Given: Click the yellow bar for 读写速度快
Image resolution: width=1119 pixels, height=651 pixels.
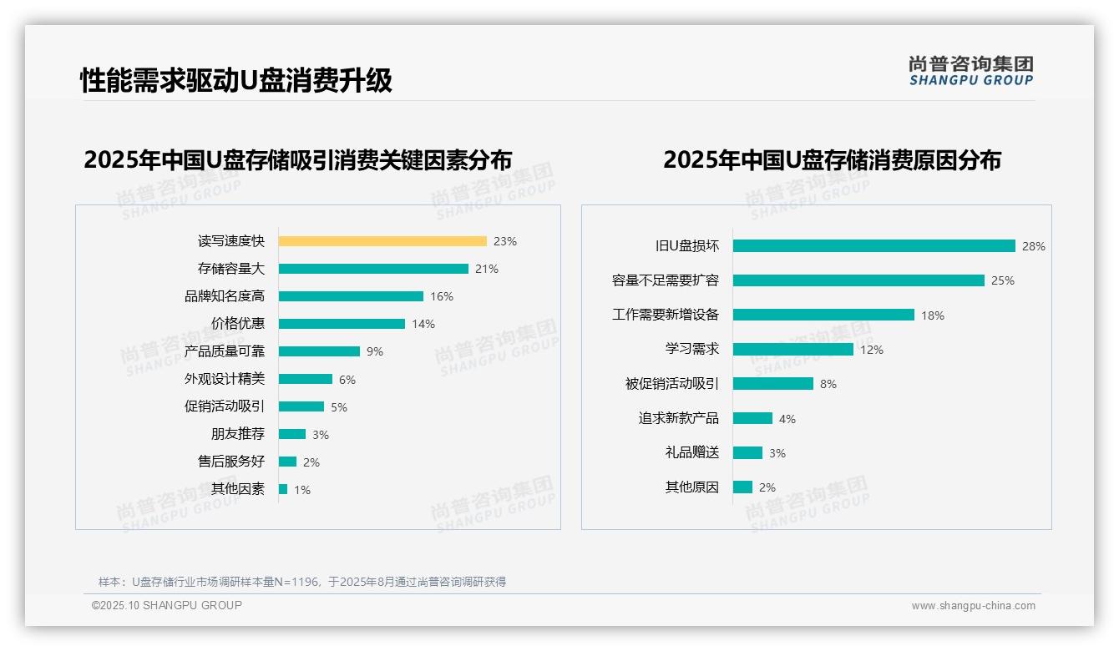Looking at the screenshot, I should (382, 241).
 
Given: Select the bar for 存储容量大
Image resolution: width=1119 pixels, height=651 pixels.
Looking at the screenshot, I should (373, 269).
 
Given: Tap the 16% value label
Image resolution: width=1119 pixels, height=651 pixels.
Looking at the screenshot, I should (441, 296).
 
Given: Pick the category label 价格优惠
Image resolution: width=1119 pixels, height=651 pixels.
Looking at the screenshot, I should (237, 324).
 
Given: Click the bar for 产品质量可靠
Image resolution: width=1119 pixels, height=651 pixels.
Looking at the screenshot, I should (319, 351).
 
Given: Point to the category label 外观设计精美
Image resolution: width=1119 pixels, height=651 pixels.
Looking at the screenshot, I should (224, 379).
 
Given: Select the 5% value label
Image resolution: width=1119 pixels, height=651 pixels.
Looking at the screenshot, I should (338, 407).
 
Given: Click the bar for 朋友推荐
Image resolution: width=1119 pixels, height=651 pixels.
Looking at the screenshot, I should (292, 434).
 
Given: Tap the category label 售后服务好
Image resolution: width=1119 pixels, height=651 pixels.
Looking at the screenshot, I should (230, 462).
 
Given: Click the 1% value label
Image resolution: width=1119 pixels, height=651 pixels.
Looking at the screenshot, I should (301, 490).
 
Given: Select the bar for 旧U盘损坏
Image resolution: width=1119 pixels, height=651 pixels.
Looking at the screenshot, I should (873, 246).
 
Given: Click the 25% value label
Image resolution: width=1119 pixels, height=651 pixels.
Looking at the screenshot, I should (1002, 280).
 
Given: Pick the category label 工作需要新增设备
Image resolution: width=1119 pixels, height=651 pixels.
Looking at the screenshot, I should (665, 315).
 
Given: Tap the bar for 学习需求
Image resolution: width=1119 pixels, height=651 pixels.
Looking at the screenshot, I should (793, 349).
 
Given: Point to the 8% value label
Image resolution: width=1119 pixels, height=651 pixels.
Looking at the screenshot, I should (828, 384).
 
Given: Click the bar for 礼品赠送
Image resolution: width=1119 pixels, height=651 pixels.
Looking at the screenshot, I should (747, 452).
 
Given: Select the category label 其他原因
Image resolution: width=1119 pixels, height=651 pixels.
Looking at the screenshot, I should (691, 487).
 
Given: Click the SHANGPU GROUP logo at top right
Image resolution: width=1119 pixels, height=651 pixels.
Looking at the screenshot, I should (970, 71).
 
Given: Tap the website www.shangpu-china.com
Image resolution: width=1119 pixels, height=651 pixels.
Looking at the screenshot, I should (973, 606).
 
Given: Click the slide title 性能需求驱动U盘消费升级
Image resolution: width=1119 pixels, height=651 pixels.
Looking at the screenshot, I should (235, 81).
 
